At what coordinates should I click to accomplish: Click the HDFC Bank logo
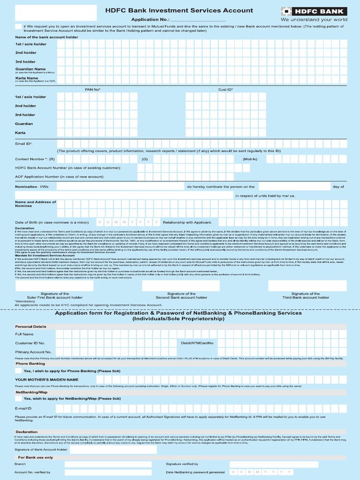click(314, 11)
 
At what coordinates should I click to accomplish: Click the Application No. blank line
click(197, 20)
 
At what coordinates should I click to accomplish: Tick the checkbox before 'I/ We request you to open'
click(18, 27)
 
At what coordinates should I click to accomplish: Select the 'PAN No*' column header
click(92, 89)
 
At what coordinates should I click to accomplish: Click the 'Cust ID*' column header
click(225, 89)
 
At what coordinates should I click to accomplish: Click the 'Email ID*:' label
click(24, 144)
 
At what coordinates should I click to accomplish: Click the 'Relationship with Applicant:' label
click(187, 222)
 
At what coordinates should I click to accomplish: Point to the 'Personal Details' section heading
click(31, 326)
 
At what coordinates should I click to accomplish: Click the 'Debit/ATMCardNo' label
click(197, 343)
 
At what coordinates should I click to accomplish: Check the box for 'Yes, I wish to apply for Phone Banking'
click(18, 371)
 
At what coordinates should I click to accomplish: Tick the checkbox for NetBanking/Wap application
click(18, 398)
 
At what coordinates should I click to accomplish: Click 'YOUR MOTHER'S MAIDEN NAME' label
click(46, 379)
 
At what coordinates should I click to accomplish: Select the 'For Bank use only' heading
click(36, 457)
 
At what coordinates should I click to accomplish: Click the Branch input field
click(108, 464)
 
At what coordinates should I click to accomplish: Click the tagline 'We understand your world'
click(314, 20)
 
